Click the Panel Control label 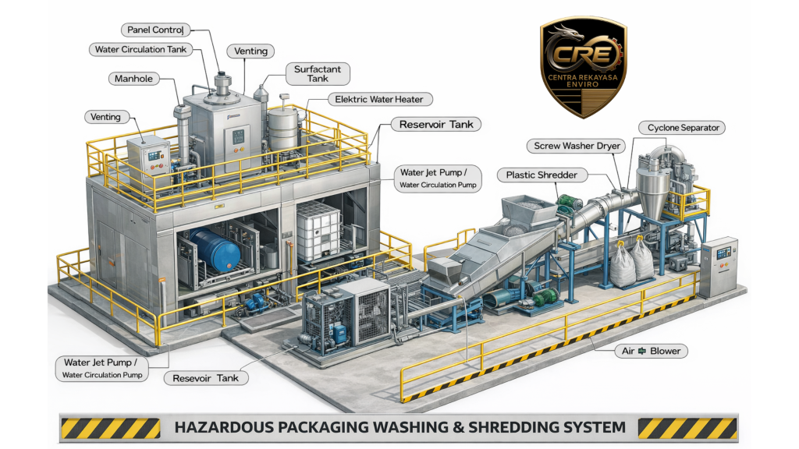(156, 30)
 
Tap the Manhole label (133, 79)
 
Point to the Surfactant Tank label (317, 74)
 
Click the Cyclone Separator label (683, 127)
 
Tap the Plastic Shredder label (542, 175)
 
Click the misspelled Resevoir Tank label (206, 378)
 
